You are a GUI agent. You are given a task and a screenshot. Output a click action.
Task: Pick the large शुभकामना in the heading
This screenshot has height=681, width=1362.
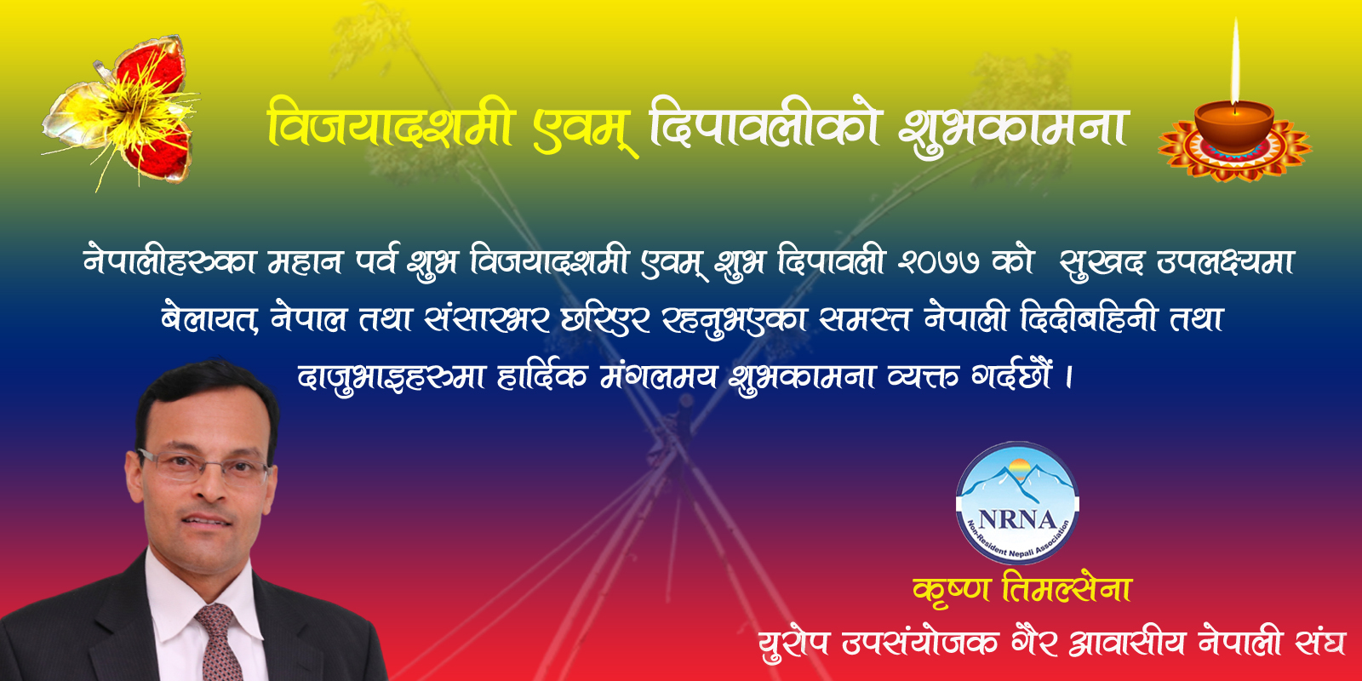tap(1012, 131)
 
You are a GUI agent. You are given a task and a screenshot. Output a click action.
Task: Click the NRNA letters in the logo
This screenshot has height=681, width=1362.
tap(1017, 520)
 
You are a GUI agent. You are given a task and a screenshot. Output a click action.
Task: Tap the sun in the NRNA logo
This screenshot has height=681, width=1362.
tap(1019, 469)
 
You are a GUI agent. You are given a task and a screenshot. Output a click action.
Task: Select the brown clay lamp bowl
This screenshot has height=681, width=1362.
tap(1233, 127)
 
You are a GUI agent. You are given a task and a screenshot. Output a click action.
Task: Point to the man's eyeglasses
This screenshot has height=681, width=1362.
tap(203, 468)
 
